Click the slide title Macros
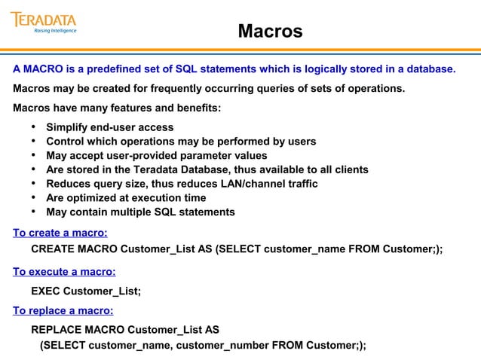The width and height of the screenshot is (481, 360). [270, 32]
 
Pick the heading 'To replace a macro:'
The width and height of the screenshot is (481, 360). [63, 310]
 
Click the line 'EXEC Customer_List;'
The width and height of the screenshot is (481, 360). [86, 291]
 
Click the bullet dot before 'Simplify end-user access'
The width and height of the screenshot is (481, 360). [34, 127]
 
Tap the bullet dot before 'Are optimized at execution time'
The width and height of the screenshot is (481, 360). [34, 198]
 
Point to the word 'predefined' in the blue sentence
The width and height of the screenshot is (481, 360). [114, 70]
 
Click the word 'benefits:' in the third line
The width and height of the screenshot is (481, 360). [198, 108]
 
